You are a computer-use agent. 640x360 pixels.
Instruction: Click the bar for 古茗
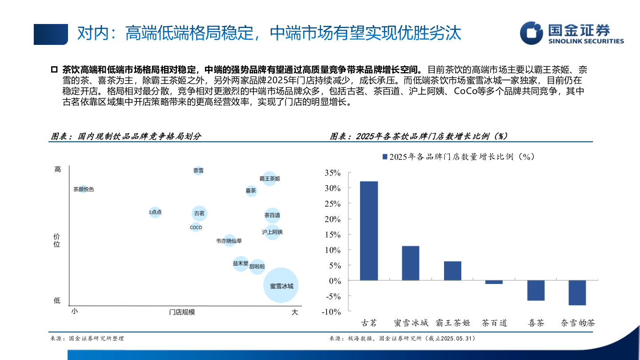tap(369, 231)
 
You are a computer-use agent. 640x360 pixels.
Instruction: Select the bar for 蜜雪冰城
tap(410, 263)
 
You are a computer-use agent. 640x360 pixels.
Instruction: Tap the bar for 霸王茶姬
tap(452, 271)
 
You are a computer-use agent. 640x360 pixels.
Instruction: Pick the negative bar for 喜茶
tap(536, 290)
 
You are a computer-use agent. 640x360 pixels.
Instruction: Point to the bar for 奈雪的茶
tap(577, 292)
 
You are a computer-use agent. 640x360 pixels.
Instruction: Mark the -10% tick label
tap(332, 312)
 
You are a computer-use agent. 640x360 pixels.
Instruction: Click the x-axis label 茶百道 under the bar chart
tap(494, 323)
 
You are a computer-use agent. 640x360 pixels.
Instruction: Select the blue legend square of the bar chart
tap(384, 157)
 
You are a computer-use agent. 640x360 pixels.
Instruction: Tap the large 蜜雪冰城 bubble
tap(281, 285)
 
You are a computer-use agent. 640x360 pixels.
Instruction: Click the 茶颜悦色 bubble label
tap(84, 189)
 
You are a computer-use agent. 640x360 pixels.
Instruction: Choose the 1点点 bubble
tap(155, 212)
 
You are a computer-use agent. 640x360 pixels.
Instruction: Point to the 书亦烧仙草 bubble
tap(229, 241)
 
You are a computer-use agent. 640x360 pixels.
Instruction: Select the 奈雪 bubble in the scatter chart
tap(198, 170)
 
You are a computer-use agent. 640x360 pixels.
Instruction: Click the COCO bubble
tap(196, 228)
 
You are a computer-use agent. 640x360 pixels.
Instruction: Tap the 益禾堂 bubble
tap(240, 264)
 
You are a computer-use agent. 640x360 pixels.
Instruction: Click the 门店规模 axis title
tap(182, 312)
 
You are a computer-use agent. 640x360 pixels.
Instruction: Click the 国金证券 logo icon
tap(532, 33)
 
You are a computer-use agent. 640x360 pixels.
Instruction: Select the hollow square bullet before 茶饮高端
tap(55, 70)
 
